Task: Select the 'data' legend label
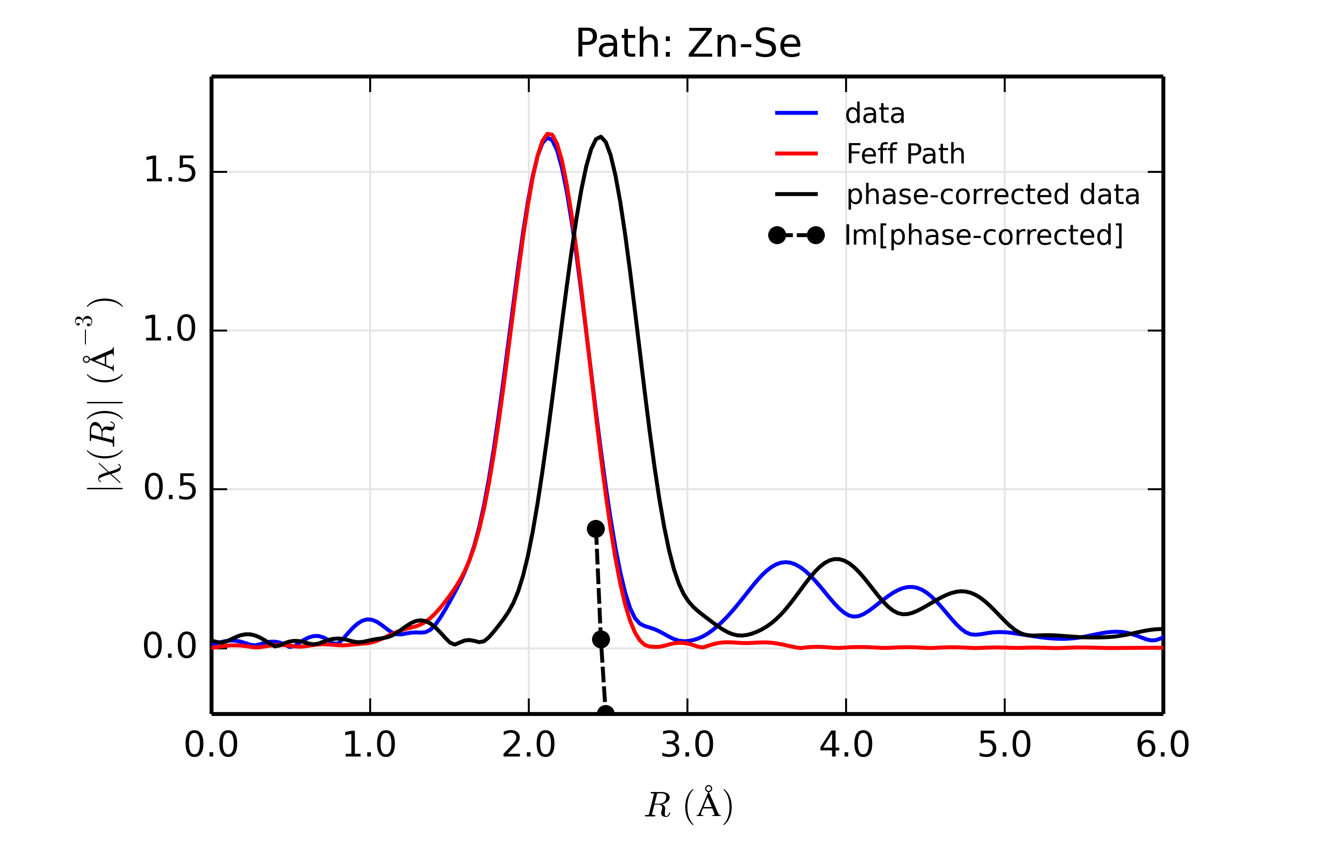click(874, 114)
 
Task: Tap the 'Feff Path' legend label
click(906, 154)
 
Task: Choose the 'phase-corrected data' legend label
click(992, 195)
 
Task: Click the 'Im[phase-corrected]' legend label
click(983, 236)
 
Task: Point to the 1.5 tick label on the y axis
click(169, 170)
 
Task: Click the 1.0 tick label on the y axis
click(169, 330)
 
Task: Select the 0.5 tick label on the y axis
click(169, 488)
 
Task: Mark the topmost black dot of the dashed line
click(595, 529)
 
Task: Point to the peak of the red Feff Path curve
click(547, 134)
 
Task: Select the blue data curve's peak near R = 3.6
click(785, 562)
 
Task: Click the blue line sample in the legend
click(796, 113)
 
